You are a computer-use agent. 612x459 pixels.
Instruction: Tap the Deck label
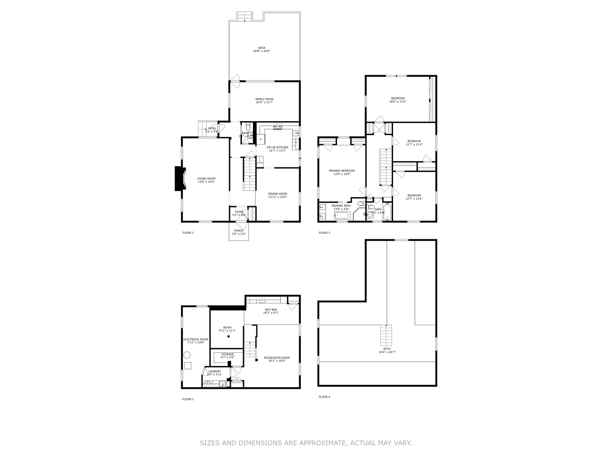(x=262, y=48)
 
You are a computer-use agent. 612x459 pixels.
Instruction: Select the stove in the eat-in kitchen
(x=278, y=127)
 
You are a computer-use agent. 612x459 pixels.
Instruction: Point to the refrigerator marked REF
(x=261, y=139)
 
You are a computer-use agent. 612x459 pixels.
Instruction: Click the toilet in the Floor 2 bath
(x=248, y=127)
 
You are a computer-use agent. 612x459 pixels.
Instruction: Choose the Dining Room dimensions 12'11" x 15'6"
(x=278, y=197)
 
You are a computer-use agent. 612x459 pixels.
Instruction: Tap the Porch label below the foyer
(x=238, y=231)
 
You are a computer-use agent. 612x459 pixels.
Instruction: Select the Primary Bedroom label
(x=342, y=171)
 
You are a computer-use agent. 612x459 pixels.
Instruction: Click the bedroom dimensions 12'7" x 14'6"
(x=414, y=198)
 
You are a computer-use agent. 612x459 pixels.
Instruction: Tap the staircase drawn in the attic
(x=386, y=335)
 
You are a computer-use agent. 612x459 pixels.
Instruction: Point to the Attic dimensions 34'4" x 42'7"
(x=387, y=352)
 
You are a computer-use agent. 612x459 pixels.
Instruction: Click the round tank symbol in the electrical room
(x=187, y=355)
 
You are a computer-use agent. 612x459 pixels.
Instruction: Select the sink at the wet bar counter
(x=263, y=300)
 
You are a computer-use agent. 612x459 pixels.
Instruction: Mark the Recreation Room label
(x=277, y=358)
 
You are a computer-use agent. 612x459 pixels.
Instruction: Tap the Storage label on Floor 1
(x=227, y=354)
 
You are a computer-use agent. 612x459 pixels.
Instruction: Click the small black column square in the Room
(x=229, y=337)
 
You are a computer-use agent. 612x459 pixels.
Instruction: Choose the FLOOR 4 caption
(x=324, y=397)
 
